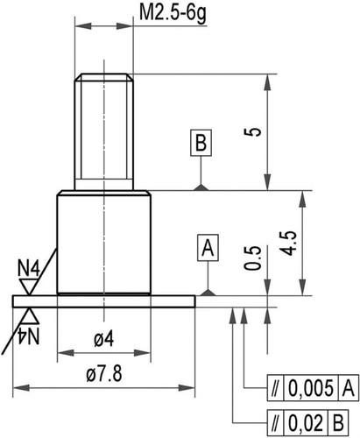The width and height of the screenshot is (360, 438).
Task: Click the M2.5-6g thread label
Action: tap(173, 13)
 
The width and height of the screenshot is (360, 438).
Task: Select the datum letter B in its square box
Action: tap(201, 143)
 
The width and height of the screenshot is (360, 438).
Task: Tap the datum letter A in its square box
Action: tap(208, 248)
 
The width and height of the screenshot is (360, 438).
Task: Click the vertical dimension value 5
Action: tap(253, 131)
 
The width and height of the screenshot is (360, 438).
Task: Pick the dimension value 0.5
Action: tap(253, 258)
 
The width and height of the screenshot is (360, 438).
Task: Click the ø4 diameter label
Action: tap(104, 339)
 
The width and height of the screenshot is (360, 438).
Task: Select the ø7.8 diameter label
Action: tap(104, 373)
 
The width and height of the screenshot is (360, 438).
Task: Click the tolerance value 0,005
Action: tap(311, 388)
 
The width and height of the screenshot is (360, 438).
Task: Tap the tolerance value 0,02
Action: tap(306, 422)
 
